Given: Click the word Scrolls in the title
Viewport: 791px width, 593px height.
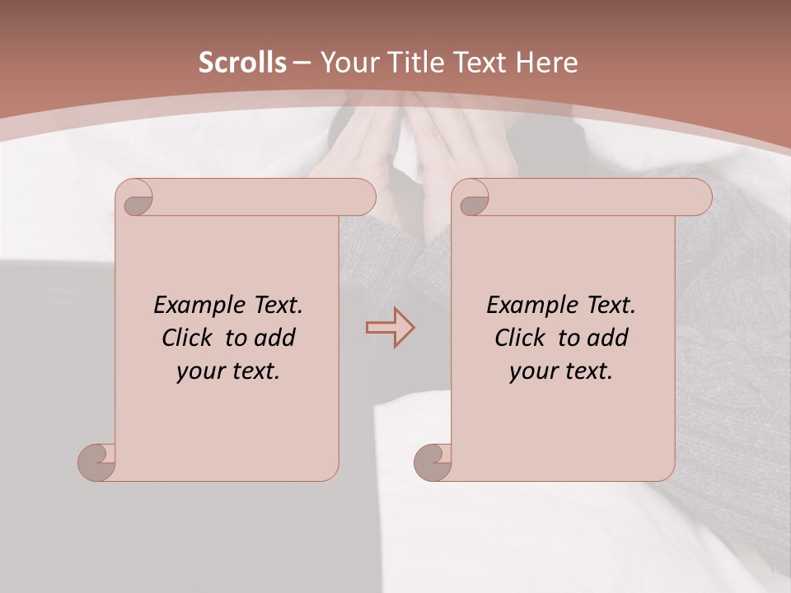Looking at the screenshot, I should point(242,63).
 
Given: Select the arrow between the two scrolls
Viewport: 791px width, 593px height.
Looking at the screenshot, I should point(391,327).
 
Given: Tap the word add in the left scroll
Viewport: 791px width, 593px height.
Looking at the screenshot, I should point(275,338).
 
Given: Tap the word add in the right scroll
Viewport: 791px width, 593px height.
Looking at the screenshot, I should point(608,338).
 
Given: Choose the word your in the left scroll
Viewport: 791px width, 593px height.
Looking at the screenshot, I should point(199,371).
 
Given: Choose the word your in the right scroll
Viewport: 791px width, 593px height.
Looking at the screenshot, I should point(531,371).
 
